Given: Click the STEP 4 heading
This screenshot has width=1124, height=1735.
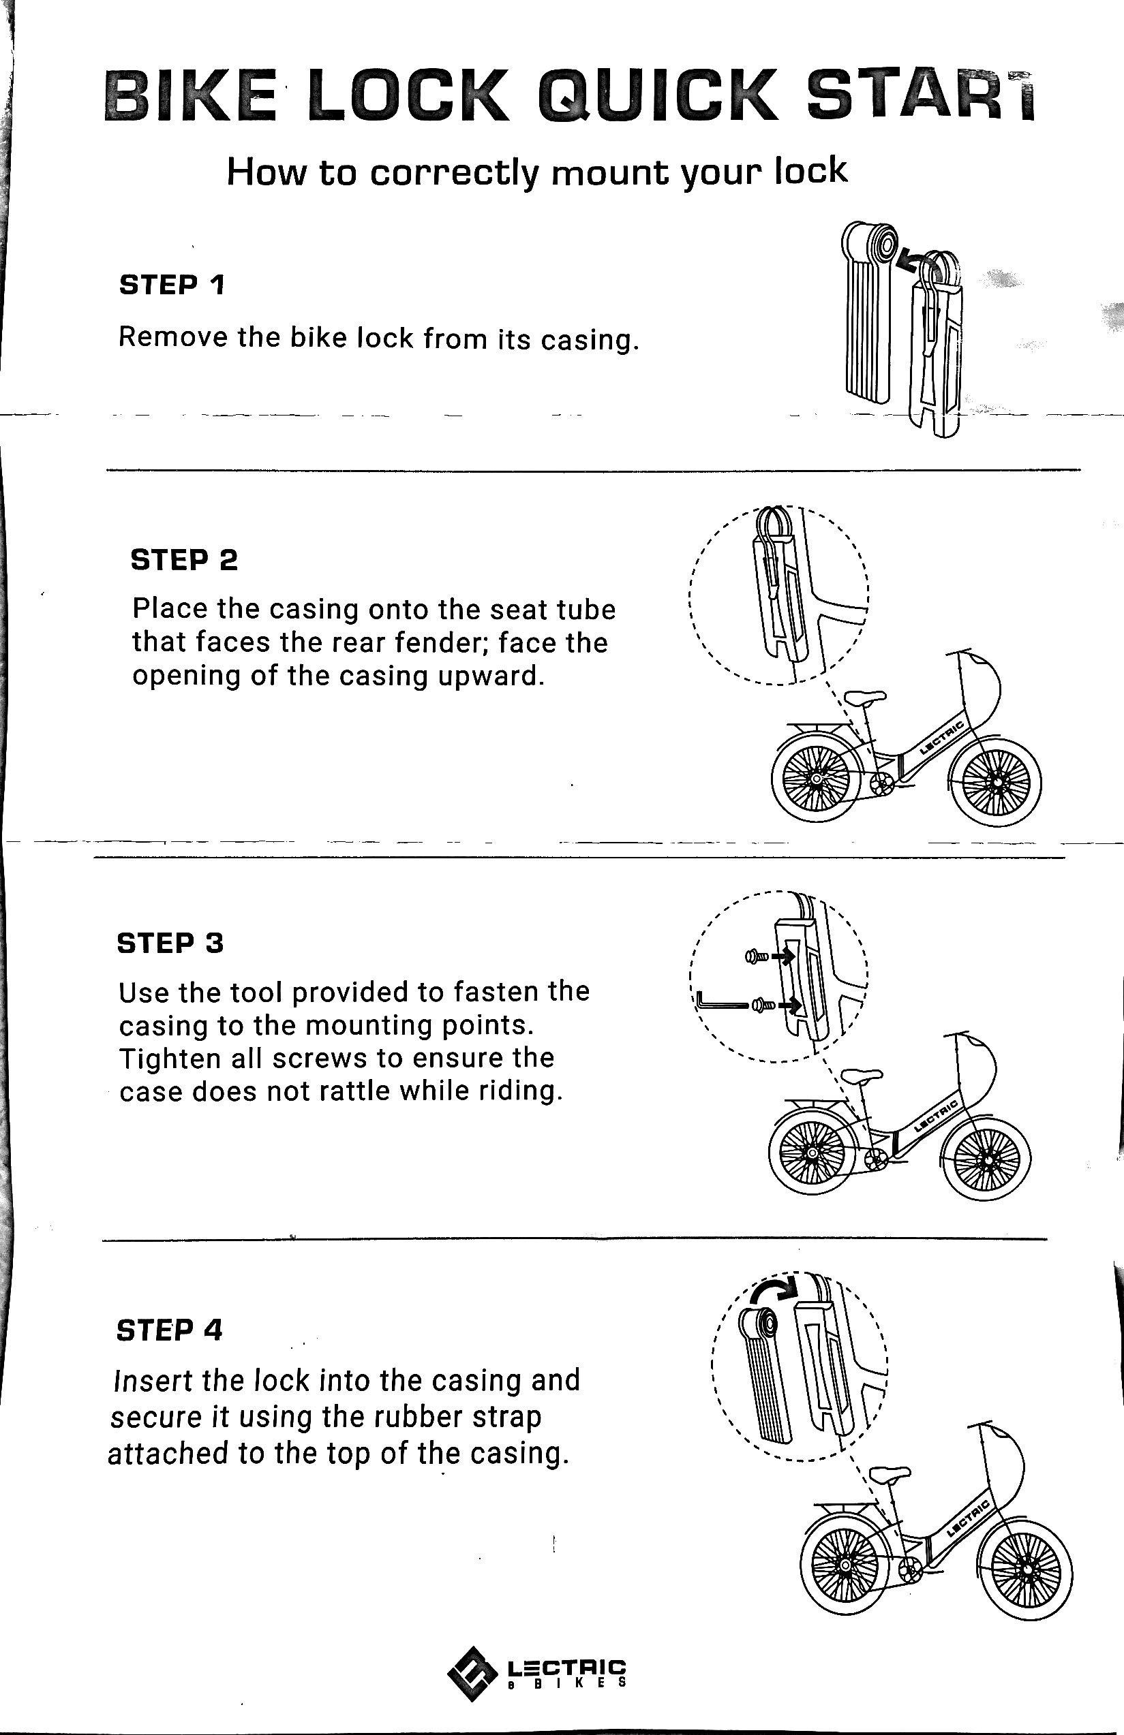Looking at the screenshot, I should tap(168, 1330).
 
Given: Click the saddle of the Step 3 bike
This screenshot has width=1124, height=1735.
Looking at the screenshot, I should tap(862, 1074).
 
